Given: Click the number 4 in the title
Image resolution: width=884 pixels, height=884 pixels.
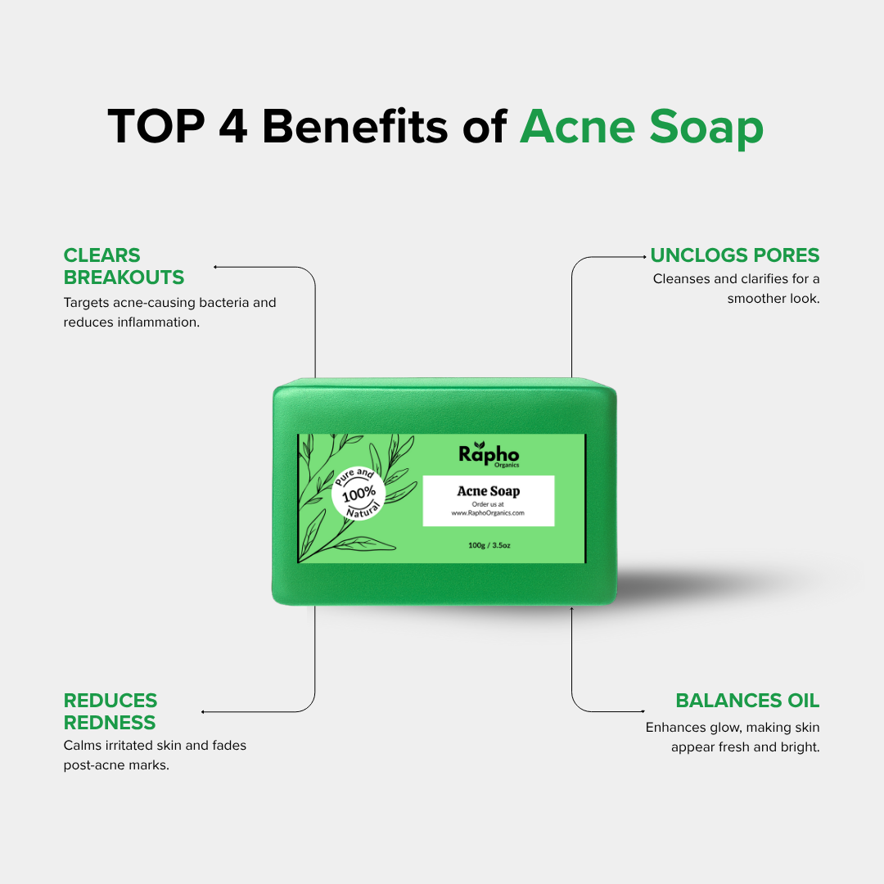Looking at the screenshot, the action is click(x=233, y=126).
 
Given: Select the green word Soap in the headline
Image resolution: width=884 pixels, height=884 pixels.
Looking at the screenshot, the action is click(x=706, y=129).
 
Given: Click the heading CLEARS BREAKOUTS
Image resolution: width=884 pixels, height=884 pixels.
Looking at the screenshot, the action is click(x=124, y=266).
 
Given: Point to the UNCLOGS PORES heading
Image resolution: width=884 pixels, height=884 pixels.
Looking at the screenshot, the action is click(x=734, y=255).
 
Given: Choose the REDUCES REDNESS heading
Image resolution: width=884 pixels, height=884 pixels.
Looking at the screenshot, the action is click(x=110, y=711).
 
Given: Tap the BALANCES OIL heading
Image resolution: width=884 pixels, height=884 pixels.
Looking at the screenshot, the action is click(x=747, y=700).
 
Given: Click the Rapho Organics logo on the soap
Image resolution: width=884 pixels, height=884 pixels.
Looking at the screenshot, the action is click(x=489, y=454).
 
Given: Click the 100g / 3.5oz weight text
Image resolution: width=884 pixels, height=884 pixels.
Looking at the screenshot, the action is click(x=489, y=545).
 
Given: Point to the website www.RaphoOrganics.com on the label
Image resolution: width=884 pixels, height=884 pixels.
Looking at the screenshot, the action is click(x=488, y=513).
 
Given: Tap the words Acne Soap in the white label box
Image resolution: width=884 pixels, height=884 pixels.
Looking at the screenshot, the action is click(x=488, y=491).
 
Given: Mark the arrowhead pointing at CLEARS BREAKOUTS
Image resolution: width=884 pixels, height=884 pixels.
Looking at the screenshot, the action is click(x=215, y=267).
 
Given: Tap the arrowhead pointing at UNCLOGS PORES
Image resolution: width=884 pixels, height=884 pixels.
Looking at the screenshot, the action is click(x=644, y=257).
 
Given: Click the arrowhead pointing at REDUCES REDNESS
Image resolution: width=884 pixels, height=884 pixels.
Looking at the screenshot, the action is click(x=203, y=712).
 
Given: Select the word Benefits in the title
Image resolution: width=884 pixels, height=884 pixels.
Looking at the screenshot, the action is click(x=355, y=126).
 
